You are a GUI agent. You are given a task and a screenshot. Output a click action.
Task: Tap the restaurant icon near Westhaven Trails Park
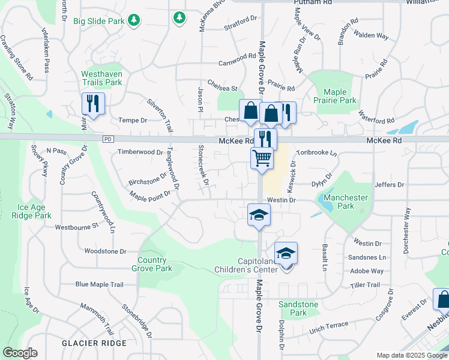pos(93,104)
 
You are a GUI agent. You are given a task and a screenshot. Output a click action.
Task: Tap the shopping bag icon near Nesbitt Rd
pos(443,299)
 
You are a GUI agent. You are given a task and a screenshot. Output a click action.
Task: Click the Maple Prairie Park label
pos(340,96)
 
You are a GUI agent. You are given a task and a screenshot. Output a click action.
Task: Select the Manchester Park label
pos(345,202)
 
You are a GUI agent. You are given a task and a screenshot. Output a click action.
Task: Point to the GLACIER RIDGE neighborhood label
pos(94,343)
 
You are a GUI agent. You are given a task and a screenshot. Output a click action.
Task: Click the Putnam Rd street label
pos(313,2)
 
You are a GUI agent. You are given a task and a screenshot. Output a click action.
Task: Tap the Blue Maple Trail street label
pos(99,284)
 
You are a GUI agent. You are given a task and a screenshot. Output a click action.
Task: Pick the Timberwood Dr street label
pos(140,152)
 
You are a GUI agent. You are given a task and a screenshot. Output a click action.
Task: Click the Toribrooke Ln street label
pos(316,153)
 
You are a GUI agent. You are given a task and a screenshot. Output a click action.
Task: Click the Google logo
pos(20,353)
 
